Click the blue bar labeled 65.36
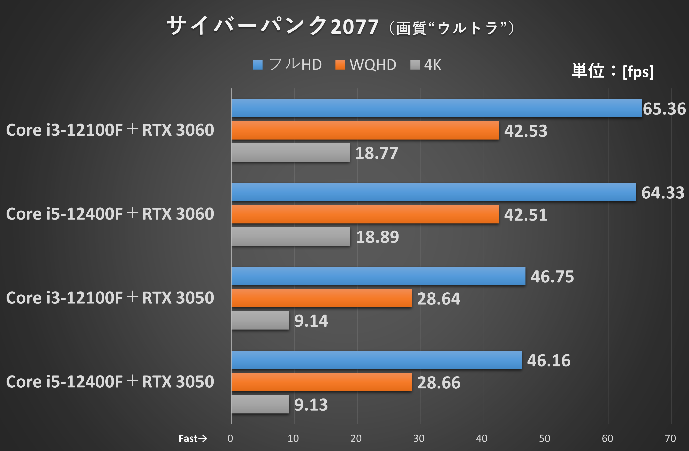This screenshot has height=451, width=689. [x=437, y=108]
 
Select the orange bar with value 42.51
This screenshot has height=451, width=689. [x=365, y=214]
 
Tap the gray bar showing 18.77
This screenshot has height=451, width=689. [x=290, y=152]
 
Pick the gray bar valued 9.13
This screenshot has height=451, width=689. [x=260, y=404]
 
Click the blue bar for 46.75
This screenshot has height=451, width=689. [x=378, y=276]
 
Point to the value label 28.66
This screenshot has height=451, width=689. [x=439, y=383]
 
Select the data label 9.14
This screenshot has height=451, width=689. [x=311, y=321]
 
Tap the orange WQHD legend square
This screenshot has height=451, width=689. [x=340, y=65]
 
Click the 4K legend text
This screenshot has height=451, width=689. [x=432, y=65]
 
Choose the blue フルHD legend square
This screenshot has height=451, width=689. [x=258, y=65]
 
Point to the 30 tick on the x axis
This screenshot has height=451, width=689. [x=419, y=438]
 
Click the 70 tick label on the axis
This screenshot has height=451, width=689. [x=670, y=438]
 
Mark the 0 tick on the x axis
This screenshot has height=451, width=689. [x=230, y=438]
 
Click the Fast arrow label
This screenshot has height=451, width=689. [x=192, y=438]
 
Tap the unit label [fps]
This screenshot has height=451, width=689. [x=638, y=72]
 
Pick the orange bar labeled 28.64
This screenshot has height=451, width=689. [x=321, y=298]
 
